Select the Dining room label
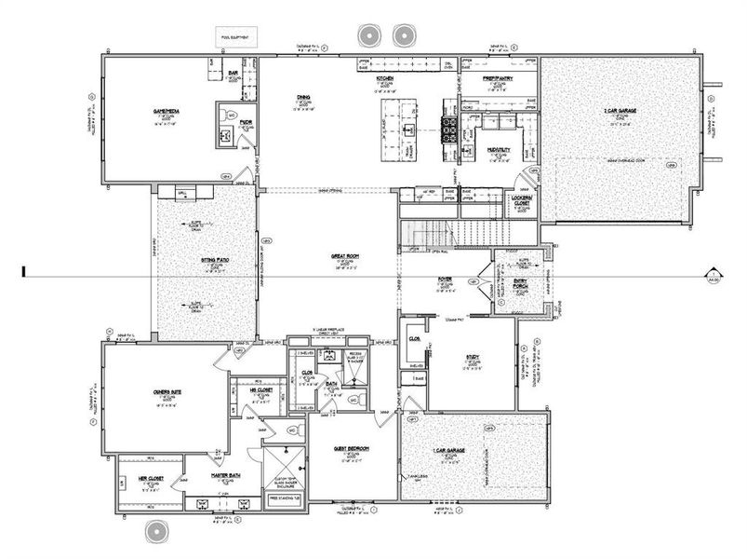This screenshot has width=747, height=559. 304,97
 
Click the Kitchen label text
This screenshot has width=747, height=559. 386,79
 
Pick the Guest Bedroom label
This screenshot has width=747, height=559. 352,448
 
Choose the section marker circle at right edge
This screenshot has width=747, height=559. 714,273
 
